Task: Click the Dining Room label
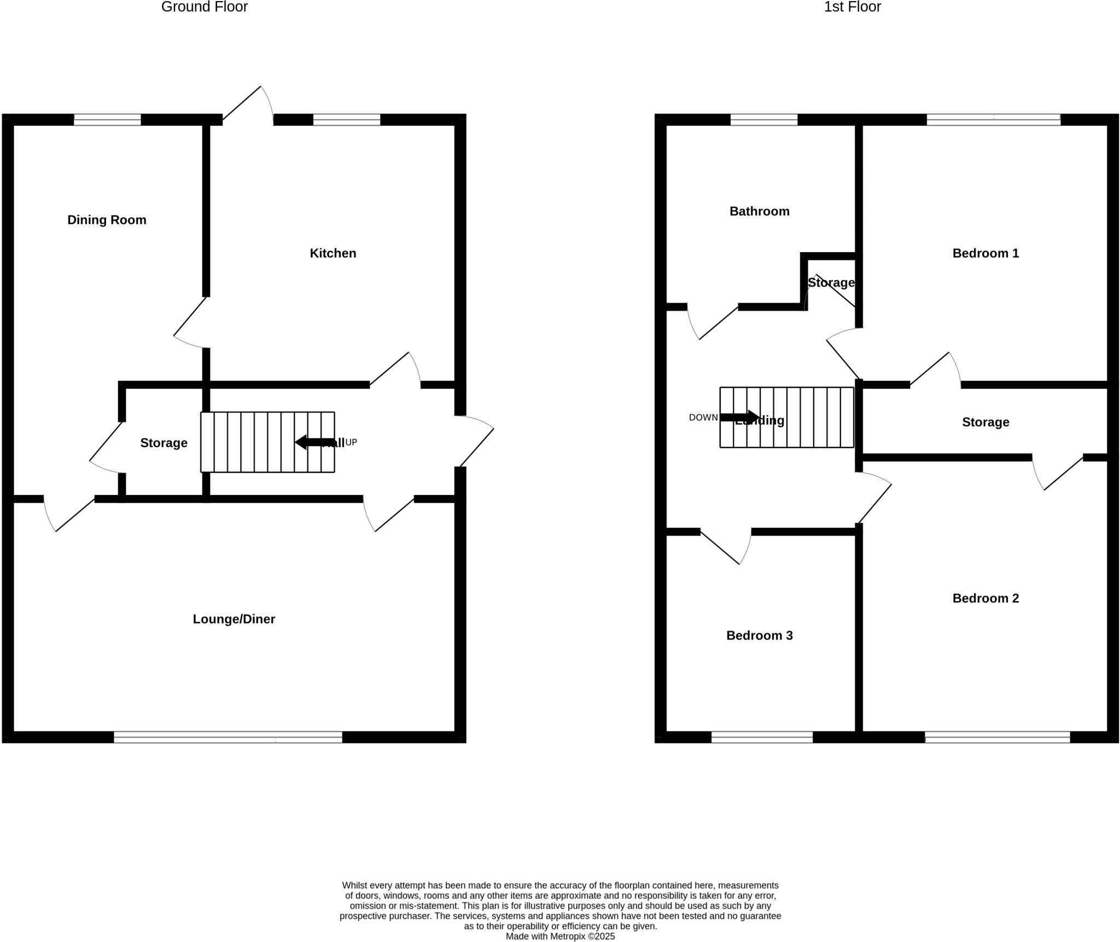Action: click(x=107, y=220)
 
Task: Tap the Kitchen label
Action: click(x=332, y=253)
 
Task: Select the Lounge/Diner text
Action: click(x=234, y=619)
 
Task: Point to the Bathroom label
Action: click(x=759, y=211)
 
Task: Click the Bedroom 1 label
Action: click(x=985, y=253)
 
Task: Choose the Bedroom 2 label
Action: click(x=985, y=598)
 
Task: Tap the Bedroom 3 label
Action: click(x=759, y=635)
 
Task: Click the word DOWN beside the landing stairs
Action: click(x=703, y=417)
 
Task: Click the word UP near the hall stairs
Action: click(x=351, y=442)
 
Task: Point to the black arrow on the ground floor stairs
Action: click(x=314, y=442)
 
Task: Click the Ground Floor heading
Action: click(x=204, y=7)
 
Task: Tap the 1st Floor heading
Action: click(x=852, y=7)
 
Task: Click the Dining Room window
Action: click(x=107, y=120)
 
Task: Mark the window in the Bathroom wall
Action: click(x=763, y=120)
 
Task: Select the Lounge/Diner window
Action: click(x=227, y=737)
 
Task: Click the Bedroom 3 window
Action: click(x=762, y=737)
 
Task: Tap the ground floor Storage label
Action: click(x=164, y=443)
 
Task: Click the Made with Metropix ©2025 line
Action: click(x=560, y=936)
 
